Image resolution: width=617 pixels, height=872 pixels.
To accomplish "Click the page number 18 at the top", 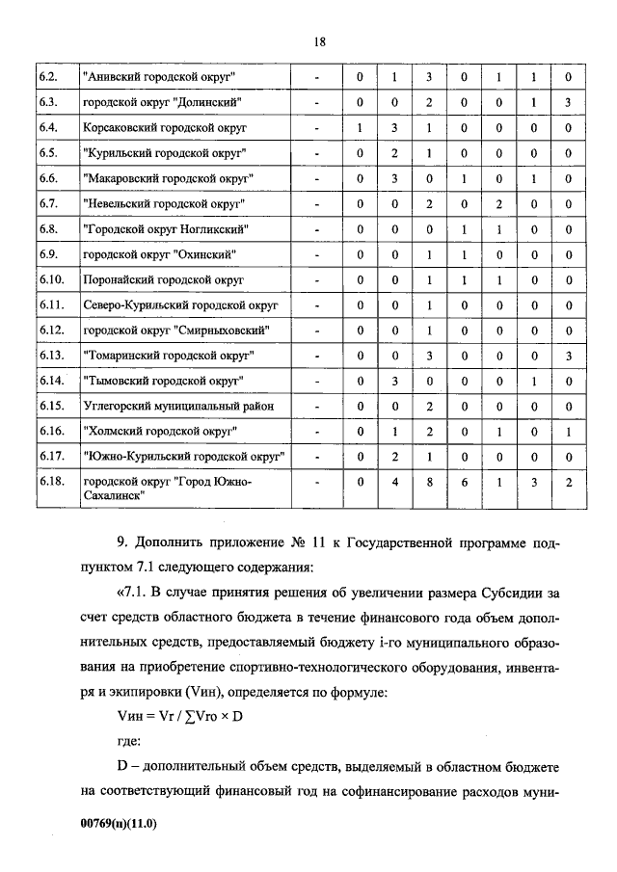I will pos(319,40).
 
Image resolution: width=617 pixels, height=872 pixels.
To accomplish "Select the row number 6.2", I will pos(49,76).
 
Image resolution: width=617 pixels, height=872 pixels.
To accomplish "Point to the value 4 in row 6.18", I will pos(394,482).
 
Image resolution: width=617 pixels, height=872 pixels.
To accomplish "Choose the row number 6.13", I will pos(51,356).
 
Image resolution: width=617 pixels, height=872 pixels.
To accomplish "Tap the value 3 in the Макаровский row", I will pos(394,178).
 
